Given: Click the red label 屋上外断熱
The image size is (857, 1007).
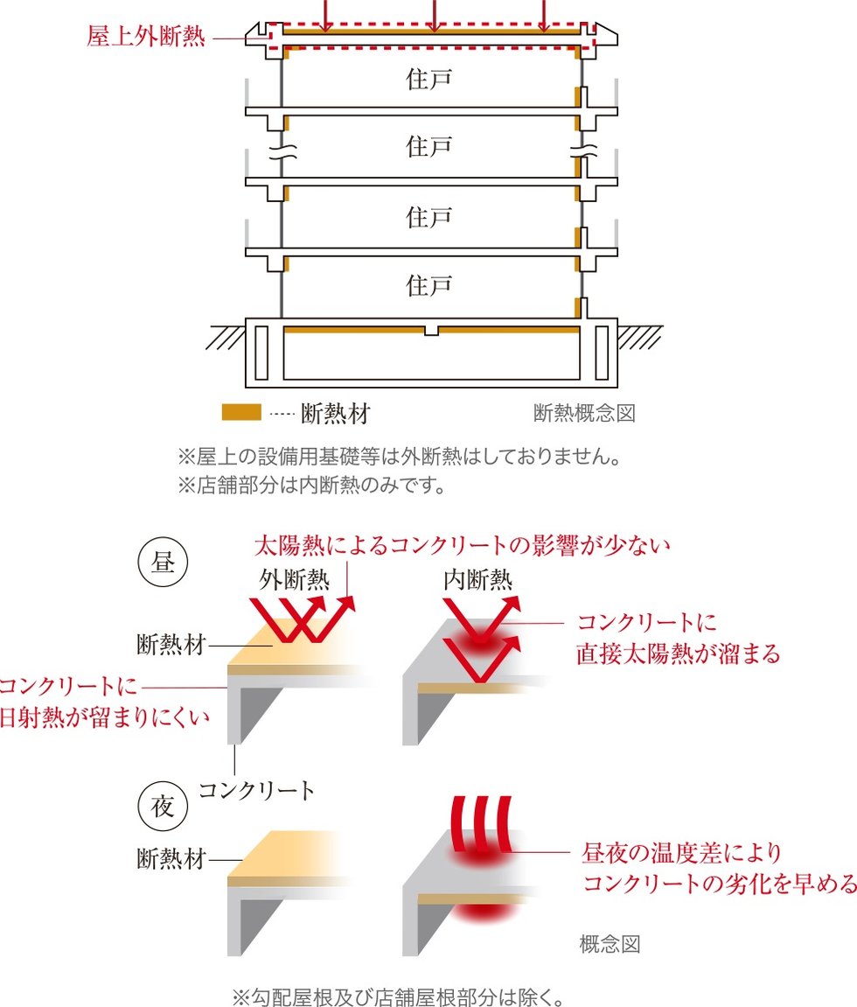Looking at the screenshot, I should click(146, 38).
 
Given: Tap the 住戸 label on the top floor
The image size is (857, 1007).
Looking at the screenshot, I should click(428, 80).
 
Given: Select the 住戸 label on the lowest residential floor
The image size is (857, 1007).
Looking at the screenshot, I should click(428, 284).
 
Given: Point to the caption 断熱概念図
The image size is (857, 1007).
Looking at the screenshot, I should click(583, 413).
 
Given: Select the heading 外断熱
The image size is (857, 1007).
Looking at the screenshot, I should click(293, 579).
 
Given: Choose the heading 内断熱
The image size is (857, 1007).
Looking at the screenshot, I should click(477, 579).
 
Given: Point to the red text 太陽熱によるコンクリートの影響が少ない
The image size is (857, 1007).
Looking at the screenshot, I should click(462, 547).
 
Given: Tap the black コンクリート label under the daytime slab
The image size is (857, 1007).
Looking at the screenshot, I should click(256, 791).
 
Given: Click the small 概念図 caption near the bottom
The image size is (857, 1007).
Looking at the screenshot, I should click(610, 944).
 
